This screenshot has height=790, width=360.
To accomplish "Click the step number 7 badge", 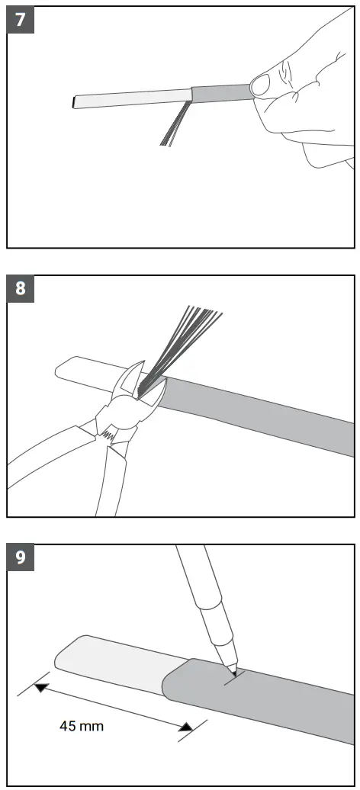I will (x=20, y=20).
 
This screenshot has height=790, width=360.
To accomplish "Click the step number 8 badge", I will (x=20, y=289).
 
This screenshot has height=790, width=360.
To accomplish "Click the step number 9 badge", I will (x=20, y=558).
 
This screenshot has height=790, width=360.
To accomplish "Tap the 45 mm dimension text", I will (x=82, y=726).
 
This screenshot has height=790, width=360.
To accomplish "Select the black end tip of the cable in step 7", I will (x=74, y=101).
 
